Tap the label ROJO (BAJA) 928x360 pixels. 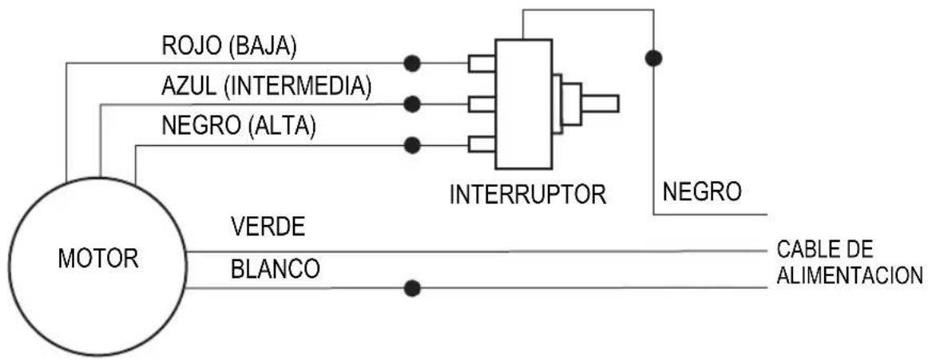click(x=228, y=48)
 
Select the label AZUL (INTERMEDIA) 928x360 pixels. click(x=266, y=86)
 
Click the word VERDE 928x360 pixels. click(x=268, y=228)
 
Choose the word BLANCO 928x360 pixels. click(x=276, y=270)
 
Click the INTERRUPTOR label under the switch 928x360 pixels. click(x=527, y=195)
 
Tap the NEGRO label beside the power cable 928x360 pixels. click(x=702, y=192)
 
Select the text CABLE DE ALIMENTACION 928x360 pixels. click(x=849, y=263)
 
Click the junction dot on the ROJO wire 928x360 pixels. click(x=412, y=63)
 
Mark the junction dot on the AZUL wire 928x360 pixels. click(x=412, y=104)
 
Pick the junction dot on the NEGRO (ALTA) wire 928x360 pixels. click(x=412, y=145)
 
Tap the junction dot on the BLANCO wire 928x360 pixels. click(x=412, y=289)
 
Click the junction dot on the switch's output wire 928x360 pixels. click(x=653, y=57)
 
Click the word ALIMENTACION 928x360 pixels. click(x=851, y=275)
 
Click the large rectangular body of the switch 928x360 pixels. click(x=524, y=104)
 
